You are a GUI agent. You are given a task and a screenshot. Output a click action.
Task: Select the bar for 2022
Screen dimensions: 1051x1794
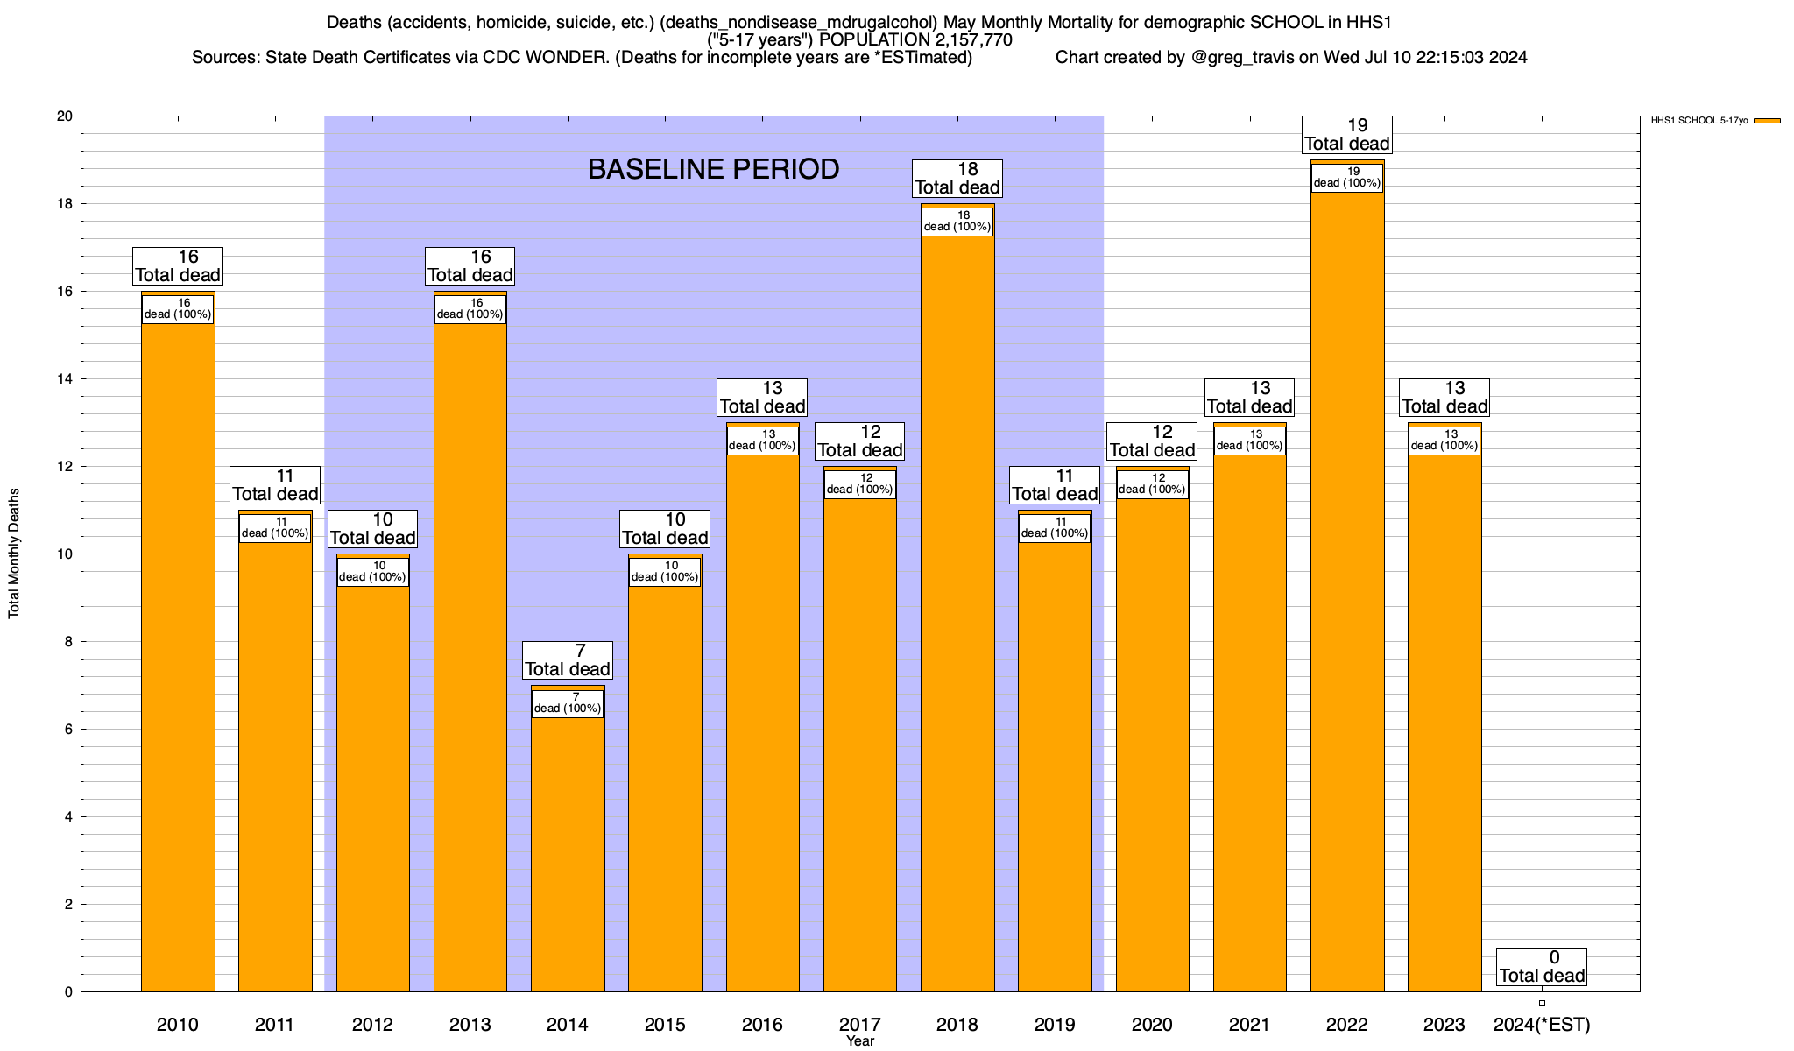(1347, 613)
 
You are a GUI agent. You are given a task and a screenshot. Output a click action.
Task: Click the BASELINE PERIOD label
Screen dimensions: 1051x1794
(713, 169)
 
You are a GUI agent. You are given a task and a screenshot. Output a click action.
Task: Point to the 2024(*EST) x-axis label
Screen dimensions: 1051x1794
(1542, 1024)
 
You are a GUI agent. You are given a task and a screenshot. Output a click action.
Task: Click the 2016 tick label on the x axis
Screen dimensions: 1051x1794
(762, 1024)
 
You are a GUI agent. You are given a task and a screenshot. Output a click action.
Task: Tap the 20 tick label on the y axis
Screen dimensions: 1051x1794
(65, 116)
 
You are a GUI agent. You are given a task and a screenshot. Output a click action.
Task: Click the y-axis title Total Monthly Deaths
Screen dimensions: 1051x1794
(14, 554)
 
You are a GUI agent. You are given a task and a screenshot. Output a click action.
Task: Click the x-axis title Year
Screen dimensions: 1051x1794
(860, 1041)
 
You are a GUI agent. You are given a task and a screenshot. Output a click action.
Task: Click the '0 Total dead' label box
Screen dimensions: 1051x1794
(1542, 967)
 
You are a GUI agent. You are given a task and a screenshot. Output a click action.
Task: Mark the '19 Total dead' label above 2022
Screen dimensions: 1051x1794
(1347, 135)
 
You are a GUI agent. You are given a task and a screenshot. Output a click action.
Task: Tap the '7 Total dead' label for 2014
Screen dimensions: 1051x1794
(568, 660)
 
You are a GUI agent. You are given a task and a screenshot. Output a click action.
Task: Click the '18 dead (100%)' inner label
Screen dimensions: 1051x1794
(957, 221)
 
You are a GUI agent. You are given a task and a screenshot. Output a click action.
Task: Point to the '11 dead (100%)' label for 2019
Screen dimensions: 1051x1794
(1055, 527)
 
